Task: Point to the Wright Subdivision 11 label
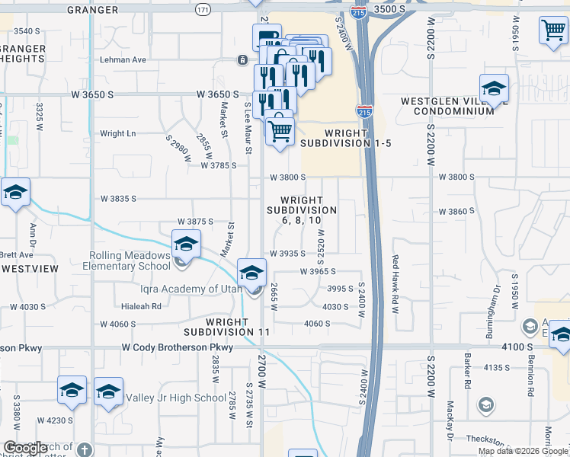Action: click(x=227, y=327)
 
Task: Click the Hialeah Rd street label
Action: click(x=141, y=306)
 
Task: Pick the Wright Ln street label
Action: click(x=117, y=133)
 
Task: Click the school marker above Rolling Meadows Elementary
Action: click(x=185, y=244)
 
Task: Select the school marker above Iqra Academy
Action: click(x=251, y=271)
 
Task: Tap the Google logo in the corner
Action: click(x=25, y=448)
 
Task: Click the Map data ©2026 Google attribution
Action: click(x=522, y=451)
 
